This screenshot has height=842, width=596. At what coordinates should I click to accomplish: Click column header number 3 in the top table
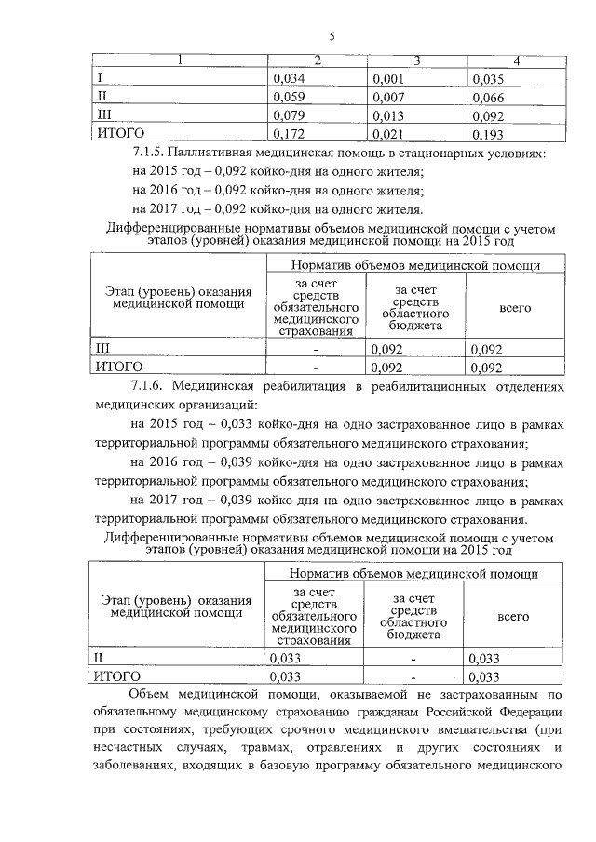417,61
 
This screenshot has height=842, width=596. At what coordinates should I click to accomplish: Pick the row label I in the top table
101,79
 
